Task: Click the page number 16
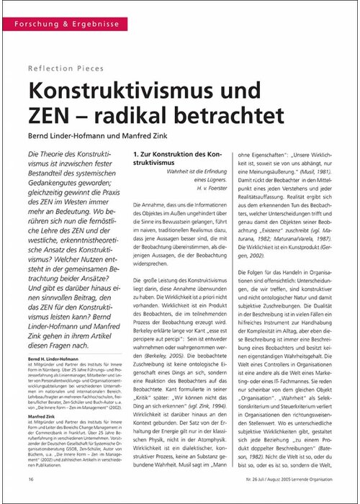click(30, 478)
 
